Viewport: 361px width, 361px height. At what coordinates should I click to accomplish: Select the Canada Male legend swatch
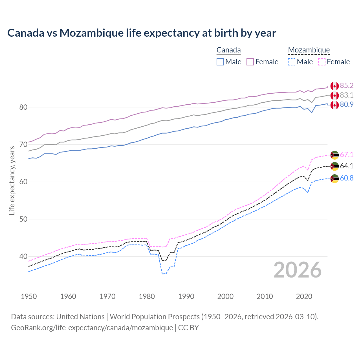coord(220,62)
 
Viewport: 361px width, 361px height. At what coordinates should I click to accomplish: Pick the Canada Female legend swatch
coord(250,62)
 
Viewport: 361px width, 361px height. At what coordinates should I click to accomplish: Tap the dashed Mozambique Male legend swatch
coord(292,62)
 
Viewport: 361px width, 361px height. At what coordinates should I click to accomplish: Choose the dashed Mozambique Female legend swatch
coord(322,62)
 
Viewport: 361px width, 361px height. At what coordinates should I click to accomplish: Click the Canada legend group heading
coord(228,50)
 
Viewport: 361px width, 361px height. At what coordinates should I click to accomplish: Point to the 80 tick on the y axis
coord(23,107)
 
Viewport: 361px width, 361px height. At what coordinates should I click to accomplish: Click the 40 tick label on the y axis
coord(23,257)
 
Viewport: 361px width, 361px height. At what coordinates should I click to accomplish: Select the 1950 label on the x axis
coord(29,296)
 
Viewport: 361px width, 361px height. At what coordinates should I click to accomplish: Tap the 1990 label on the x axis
coord(186,296)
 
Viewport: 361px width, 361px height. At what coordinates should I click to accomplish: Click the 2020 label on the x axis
coord(304,296)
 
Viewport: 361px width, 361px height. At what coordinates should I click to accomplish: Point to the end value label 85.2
coord(347,85)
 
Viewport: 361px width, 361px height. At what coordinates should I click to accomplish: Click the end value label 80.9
coord(347,105)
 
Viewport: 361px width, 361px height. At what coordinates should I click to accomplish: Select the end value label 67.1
coord(347,155)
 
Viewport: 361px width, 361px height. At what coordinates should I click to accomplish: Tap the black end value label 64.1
coord(347,166)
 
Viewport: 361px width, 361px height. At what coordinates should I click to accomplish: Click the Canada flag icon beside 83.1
coord(334,95)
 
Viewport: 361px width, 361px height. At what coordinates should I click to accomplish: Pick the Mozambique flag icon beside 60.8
coord(334,179)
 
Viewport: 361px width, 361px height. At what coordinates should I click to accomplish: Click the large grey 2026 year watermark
coord(298,270)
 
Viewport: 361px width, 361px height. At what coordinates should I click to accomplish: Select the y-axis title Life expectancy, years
coord(12,180)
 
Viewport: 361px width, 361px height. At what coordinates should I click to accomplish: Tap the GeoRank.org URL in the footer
coord(92,328)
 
